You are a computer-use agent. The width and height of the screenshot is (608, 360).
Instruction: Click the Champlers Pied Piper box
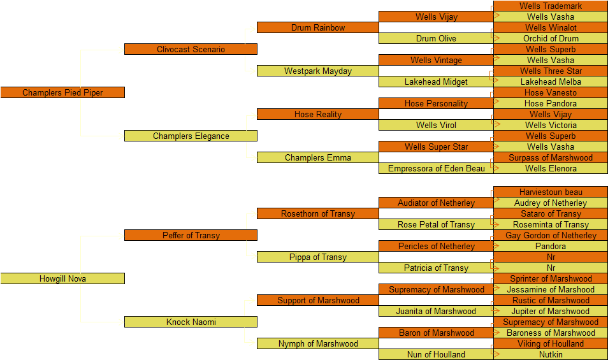(x=62, y=92)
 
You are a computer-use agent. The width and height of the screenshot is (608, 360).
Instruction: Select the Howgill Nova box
(x=62, y=278)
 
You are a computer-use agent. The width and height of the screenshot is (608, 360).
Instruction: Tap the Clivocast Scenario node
(x=191, y=49)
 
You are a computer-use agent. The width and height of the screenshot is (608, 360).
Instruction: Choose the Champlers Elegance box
(x=191, y=136)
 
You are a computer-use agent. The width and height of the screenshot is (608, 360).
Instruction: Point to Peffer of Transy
(x=191, y=235)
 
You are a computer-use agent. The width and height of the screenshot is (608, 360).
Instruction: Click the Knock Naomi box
(x=191, y=322)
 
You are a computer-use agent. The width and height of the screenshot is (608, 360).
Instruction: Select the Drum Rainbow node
(x=317, y=27)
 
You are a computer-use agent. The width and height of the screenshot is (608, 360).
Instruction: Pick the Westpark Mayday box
(x=317, y=71)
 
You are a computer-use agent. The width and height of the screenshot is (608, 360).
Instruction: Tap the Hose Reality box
(x=317, y=114)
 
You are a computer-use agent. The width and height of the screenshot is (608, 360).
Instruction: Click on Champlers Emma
(x=317, y=157)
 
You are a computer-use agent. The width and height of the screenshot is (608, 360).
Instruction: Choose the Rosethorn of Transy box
(x=317, y=213)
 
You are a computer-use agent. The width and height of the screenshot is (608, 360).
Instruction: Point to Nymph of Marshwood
(x=317, y=343)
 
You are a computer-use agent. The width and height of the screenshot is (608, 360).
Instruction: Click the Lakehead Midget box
(x=436, y=82)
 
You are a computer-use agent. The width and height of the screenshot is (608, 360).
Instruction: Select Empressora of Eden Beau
(x=436, y=168)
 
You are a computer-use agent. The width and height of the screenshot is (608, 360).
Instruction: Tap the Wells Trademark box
(x=551, y=6)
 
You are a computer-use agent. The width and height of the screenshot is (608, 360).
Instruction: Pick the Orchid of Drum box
(x=551, y=38)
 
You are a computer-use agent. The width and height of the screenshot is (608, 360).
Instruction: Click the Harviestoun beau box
(x=551, y=192)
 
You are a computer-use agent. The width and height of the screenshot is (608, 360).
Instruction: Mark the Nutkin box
(x=551, y=354)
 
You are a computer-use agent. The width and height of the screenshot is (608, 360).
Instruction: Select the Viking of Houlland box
(x=551, y=343)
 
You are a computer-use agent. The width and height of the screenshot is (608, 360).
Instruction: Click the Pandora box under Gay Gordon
(x=551, y=246)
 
